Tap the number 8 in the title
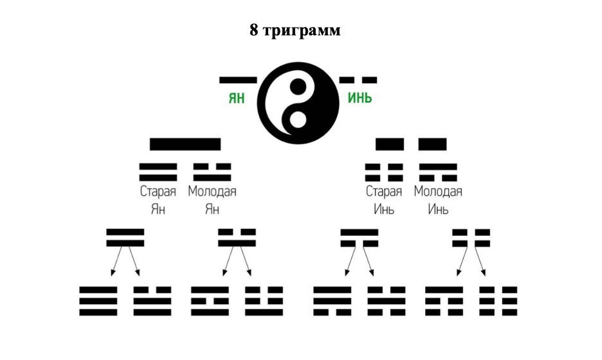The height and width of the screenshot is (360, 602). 255,30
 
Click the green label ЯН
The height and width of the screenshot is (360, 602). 237,99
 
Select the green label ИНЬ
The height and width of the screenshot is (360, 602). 360,99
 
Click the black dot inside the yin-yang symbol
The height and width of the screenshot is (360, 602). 297,84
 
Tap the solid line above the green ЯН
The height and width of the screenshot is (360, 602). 238,80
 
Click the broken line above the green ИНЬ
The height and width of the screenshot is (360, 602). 358,80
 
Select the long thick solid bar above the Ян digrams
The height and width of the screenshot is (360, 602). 185,144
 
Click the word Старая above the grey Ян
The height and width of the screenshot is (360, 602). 158,192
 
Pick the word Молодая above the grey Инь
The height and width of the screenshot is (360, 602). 438,192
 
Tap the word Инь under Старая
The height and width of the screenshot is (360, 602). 384,210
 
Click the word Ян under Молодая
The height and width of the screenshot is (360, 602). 212,210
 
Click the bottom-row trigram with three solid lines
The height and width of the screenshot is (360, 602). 98,301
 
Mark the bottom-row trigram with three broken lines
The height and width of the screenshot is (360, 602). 498,301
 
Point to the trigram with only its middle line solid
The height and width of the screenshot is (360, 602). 386,301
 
